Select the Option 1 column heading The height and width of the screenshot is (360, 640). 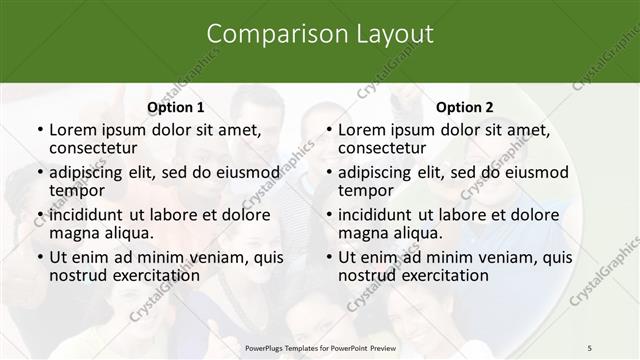click(x=176, y=107)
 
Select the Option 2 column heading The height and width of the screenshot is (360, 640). click(x=465, y=107)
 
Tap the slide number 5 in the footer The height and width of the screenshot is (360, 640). click(x=590, y=346)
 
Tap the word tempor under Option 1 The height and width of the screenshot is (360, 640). click(x=78, y=191)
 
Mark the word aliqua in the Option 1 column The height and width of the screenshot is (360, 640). click(x=128, y=233)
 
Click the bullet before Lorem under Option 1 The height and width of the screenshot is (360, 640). click(x=39, y=130)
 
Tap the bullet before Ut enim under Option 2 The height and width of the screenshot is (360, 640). click(x=328, y=257)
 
